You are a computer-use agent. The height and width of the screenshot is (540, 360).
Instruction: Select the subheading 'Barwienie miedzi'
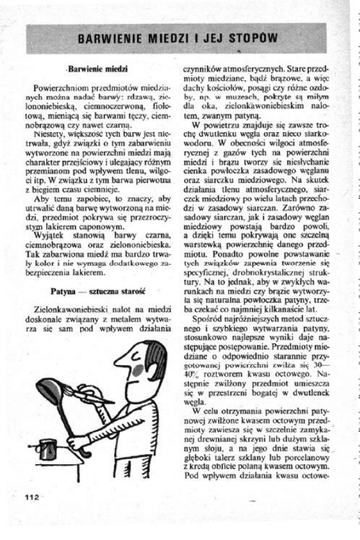pos(98,68)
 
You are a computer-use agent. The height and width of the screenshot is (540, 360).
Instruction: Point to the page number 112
pos(33,497)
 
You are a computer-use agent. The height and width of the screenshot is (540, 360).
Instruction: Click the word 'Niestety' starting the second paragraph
pos(53,134)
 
